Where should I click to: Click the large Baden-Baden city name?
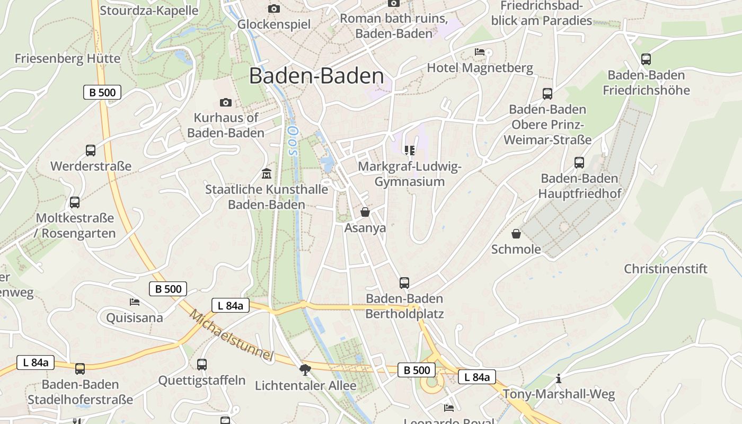tap(316, 76)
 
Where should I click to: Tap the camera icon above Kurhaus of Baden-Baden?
tap(225, 102)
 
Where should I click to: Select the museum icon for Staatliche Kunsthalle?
tap(266, 173)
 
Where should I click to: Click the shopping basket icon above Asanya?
tap(365, 212)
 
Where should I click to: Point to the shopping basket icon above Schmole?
tap(516, 234)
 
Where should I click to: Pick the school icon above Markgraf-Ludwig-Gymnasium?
tap(409, 151)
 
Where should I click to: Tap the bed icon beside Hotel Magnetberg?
tap(480, 52)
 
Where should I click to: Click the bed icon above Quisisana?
tap(135, 302)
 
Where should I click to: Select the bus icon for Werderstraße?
tap(91, 151)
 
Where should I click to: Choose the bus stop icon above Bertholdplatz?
tap(404, 282)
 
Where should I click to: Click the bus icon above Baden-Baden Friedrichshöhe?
tap(646, 59)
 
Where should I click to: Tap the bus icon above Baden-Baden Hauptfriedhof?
tap(579, 163)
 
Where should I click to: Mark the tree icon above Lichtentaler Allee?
tap(305, 369)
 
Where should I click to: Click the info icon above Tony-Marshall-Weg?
tap(558, 378)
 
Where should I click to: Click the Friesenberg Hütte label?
tap(67, 58)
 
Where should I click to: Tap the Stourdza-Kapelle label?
tap(149, 11)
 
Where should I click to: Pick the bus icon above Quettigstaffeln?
tap(202, 365)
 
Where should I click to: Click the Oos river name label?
tap(291, 141)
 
